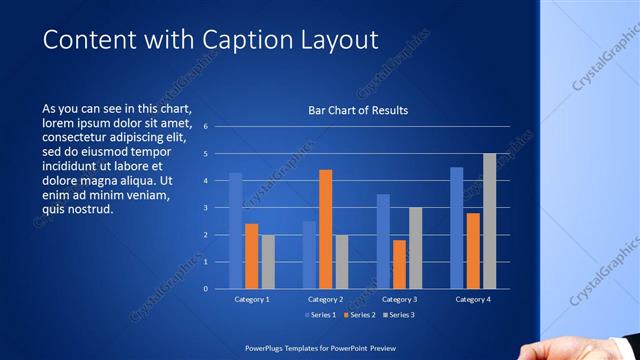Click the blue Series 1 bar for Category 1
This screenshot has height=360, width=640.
[x=236, y=231]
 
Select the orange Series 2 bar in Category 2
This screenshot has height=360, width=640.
[x=326, y=229]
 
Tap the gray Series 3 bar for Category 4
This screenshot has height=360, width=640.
[x=489, y=221]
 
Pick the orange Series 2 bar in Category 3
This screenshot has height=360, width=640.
[x=400, y=264]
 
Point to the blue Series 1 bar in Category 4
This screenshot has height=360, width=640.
[x=457, y=228]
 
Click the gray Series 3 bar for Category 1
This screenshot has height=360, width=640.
[x=268, y=262]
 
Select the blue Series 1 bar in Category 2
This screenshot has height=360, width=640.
[x=310, y=255]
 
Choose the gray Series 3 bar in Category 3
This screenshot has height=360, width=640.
[x=416, y=248]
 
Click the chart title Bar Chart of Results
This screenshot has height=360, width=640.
[x=358, y=110]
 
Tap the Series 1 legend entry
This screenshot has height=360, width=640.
[x=317, y=315]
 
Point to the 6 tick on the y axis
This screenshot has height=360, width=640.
[x=204, y=127]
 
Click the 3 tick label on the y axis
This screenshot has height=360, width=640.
[x=204, y=208]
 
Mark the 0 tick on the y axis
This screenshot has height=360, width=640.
[x=204, y=289]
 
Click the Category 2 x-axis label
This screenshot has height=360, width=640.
[x=326, y=299]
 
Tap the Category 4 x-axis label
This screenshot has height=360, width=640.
[x=473, y=299]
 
